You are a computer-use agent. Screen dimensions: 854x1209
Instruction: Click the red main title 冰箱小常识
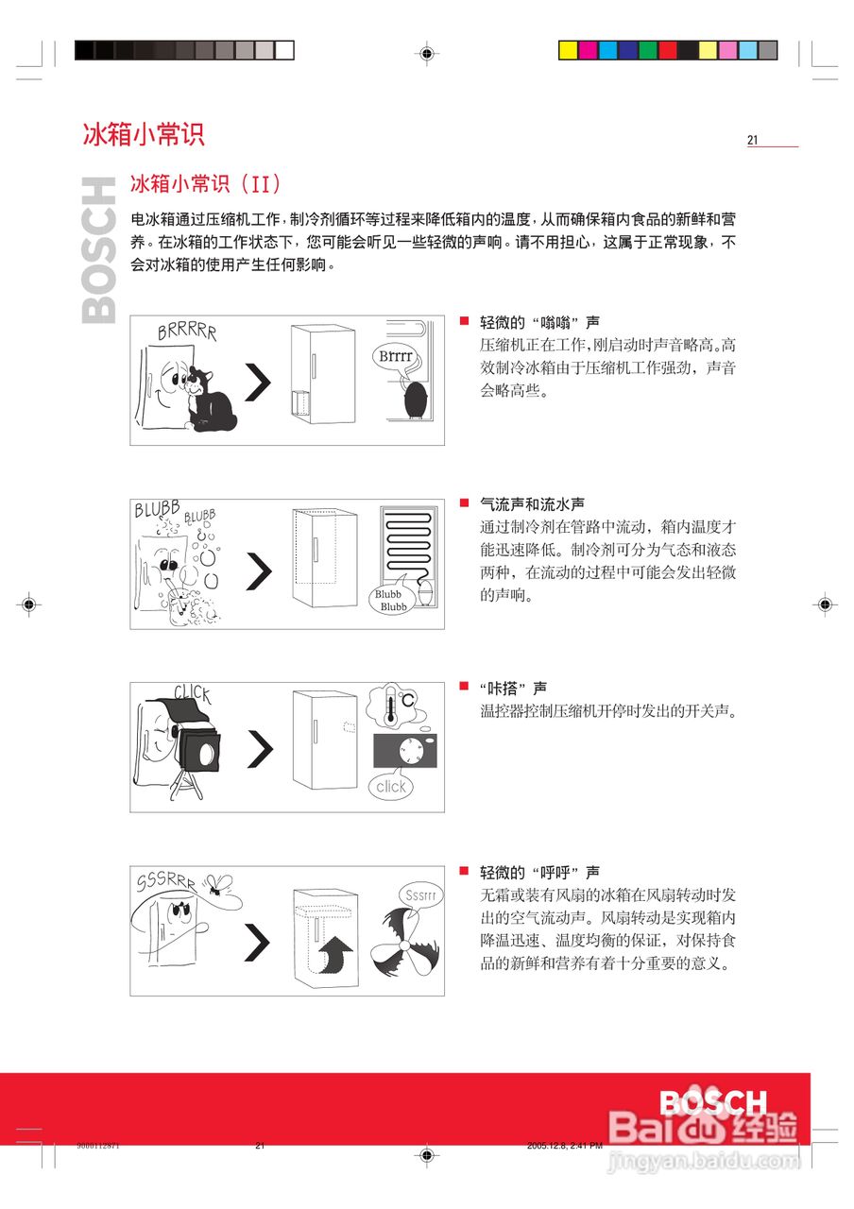[143, 134]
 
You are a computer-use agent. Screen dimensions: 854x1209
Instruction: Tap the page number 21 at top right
[753, 140]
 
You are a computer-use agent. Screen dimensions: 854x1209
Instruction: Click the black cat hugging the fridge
[209, 400]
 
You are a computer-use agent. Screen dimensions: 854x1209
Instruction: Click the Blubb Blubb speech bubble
[391, 597]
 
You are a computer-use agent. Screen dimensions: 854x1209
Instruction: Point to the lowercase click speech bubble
[391, 786]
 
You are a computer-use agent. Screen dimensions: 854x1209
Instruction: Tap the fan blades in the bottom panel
[405, 944]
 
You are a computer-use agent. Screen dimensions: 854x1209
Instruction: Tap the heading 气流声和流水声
[532, 504]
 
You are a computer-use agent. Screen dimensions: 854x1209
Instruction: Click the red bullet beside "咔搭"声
[464, 686]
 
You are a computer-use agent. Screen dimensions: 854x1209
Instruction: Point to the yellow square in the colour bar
[568, 50]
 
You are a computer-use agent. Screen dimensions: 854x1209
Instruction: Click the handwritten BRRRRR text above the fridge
[187, 332]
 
